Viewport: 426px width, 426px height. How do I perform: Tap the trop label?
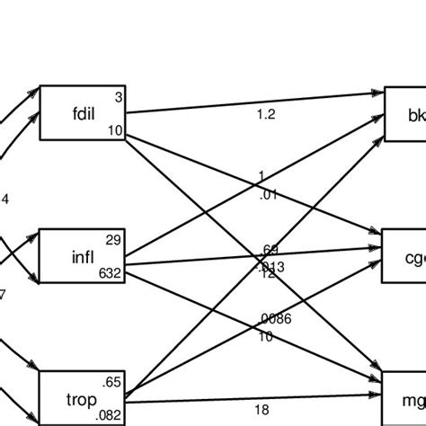pos(82,395)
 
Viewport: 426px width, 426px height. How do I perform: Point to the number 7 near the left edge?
pos(3,293)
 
